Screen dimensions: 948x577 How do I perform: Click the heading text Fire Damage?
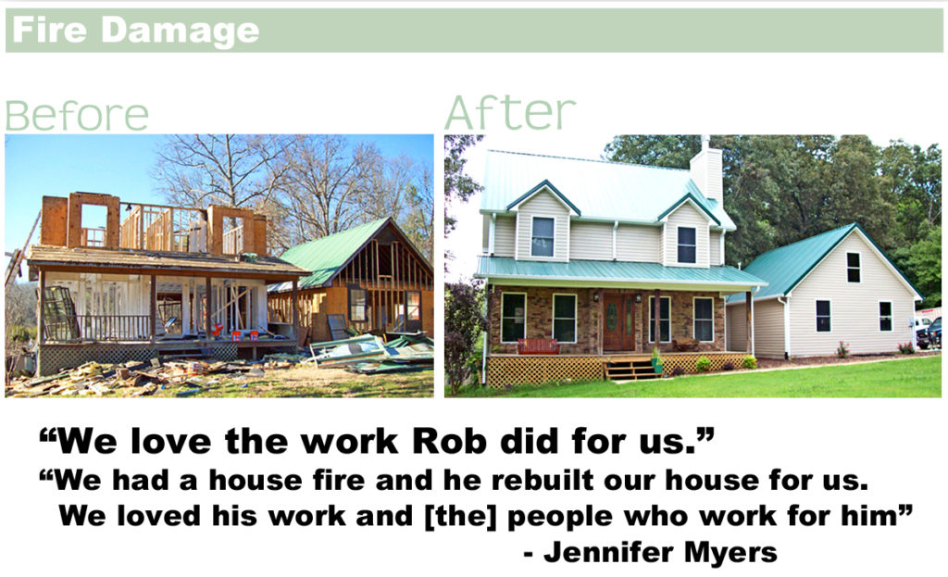pyautogui.click(x=135, y=31)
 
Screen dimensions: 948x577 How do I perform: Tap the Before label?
pyautogui.click(x=77, y=116)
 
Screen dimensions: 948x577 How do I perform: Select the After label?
pyautogui.click(x=510, y=112)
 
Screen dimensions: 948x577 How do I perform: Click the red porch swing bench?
pyautogui.click(x=538, y=346)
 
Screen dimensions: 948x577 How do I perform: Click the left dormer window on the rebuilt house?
pyautogui.click(x=543, y=236)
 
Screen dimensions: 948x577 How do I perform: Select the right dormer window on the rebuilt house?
pyautogui.click(x=686, y=245)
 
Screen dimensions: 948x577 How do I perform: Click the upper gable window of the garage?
pyautogui.click(x=853, y=268)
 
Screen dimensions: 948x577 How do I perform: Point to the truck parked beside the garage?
pyautogui.click(x=930, y=333)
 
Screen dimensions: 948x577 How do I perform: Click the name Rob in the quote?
pyautogui.click(x=449, y=441)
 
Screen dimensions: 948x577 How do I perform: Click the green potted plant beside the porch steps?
pyautogui.click(x=656, y=361)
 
